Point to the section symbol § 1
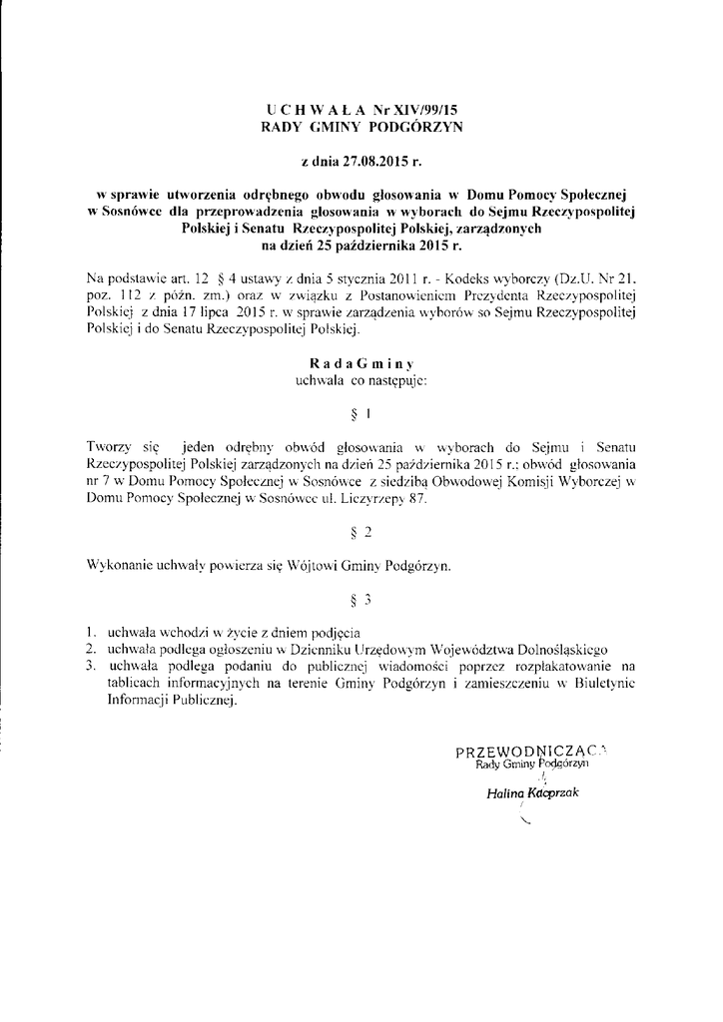tap(363, 412)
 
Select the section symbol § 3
tap(363, 601)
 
